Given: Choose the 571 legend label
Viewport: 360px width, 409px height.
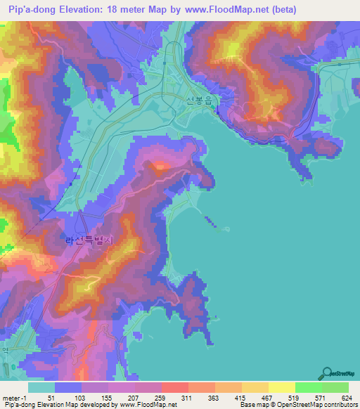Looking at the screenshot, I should click(x=322, y=398).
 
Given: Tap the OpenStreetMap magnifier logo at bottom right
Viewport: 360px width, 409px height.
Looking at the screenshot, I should click(x=328, y=374).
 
